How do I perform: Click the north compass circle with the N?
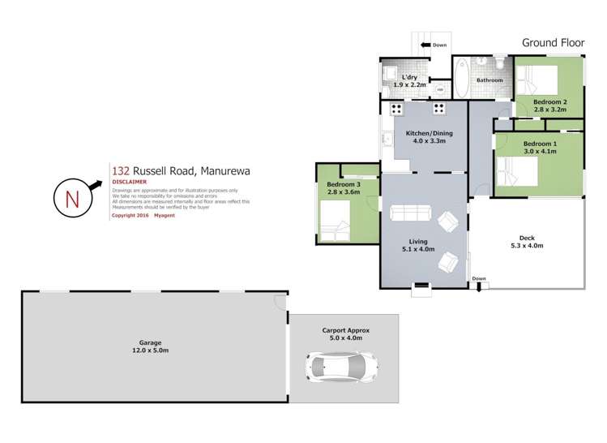(x=72, y=196)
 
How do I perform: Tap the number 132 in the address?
(x=121, y=170)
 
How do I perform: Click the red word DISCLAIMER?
(x=129, y=183)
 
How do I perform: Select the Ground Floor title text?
(x=552, y=42)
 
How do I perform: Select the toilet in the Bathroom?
(x=500, y=62)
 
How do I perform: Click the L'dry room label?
(x=410, y=80)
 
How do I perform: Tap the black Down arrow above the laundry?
(x=425, y=45)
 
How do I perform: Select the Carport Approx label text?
(x=344, y=330)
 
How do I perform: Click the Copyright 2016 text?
(x=129, y=216)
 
